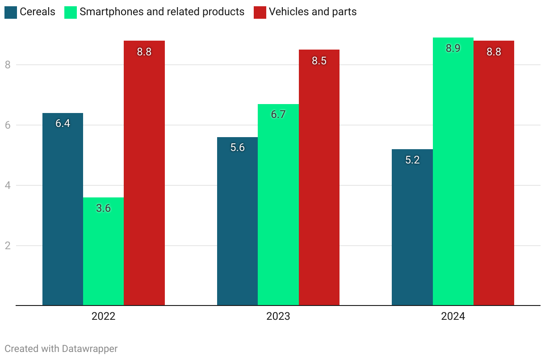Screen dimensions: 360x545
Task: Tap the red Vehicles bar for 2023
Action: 319,179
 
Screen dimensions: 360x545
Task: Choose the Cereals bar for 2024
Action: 412,228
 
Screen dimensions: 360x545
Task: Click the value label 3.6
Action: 103,208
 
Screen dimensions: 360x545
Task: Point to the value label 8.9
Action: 453,48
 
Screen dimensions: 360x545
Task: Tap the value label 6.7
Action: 278,114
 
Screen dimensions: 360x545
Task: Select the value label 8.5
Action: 319,61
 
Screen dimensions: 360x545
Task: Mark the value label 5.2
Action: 412,160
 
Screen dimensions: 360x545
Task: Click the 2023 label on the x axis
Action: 278,317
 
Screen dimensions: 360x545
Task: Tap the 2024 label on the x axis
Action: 453,317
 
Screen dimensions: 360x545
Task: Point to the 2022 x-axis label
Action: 103,317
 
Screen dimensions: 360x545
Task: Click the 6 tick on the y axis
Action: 8,125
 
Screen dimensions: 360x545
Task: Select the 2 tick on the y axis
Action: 8,246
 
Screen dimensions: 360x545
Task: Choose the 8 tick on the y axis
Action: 8,65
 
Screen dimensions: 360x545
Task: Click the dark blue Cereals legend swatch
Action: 11,12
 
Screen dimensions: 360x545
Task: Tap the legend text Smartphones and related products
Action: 162,12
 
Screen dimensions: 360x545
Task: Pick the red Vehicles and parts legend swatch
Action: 260,12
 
